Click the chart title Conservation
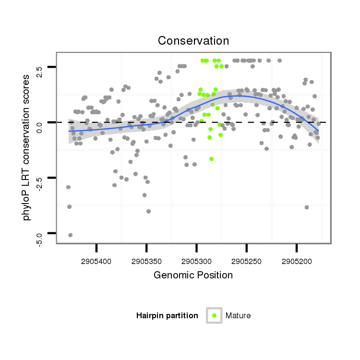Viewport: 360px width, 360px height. [193, 41]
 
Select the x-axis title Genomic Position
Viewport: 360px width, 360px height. [193, 275]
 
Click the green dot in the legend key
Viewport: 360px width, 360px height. [214, 315]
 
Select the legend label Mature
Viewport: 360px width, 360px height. [238, 315]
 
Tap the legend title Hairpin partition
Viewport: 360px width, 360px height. [167, 315]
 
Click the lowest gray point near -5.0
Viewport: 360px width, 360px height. [70, 235]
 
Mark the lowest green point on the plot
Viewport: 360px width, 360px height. [211, 159]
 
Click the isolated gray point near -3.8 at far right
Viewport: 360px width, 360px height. [306, 207]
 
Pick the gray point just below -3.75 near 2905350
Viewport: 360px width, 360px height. [148, 211]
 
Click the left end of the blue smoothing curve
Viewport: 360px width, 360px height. [69, 131]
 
